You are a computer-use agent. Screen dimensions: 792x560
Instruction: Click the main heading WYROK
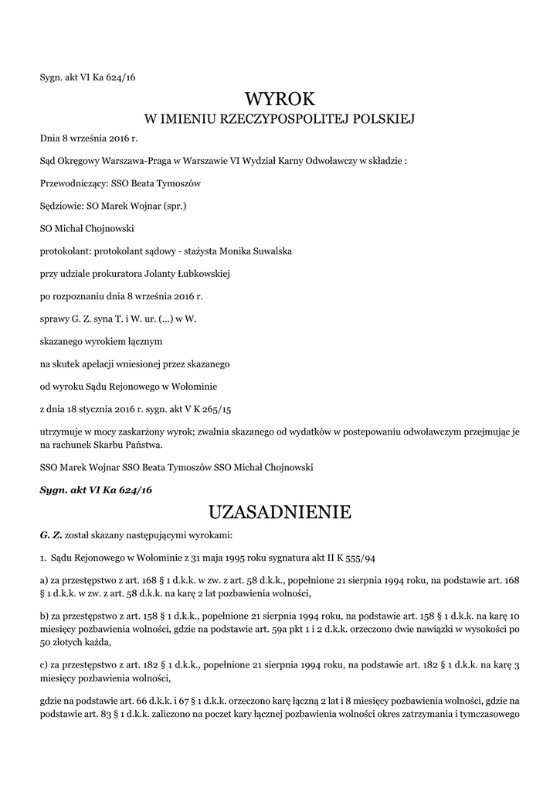click(280, 99)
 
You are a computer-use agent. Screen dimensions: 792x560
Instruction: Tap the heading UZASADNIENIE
click(280, 512)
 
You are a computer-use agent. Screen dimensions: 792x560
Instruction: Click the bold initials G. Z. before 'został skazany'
click(50, 534)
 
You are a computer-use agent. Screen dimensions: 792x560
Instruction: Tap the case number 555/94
click(359, 557)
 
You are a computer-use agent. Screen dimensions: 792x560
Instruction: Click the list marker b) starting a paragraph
click(44, 616)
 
